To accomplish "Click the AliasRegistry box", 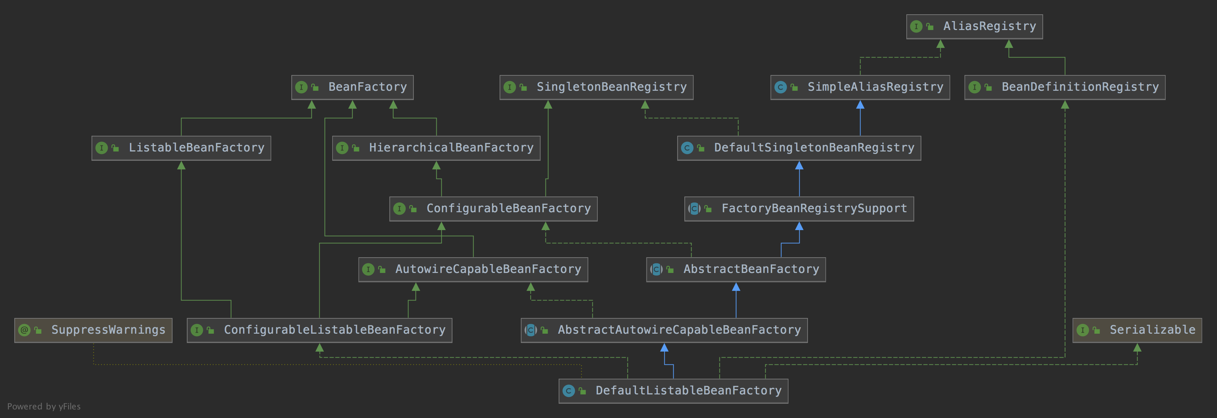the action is (974, 26).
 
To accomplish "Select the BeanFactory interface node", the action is (353, 87).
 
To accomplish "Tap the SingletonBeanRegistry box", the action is (596, 87).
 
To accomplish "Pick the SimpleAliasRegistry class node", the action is (860, 87).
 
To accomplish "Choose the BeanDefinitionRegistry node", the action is (1065, 87).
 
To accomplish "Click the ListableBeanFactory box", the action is (181, 148).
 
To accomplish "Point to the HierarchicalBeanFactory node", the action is (436, 148).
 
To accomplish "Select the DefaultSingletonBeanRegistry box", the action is (799, 148).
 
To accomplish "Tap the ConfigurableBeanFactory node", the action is (493, 209).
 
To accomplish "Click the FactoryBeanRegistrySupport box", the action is (799, 209).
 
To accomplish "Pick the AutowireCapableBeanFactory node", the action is (473, 269).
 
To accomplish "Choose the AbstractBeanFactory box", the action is (736, 269).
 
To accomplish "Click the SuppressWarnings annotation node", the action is (93, 330).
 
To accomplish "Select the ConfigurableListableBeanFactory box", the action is (319, 330).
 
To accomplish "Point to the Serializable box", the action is (1137, 330).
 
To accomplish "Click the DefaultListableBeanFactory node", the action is (673, 391).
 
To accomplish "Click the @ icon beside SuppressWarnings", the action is (24, 330).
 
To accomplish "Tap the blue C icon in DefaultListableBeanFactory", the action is (568, 391).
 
